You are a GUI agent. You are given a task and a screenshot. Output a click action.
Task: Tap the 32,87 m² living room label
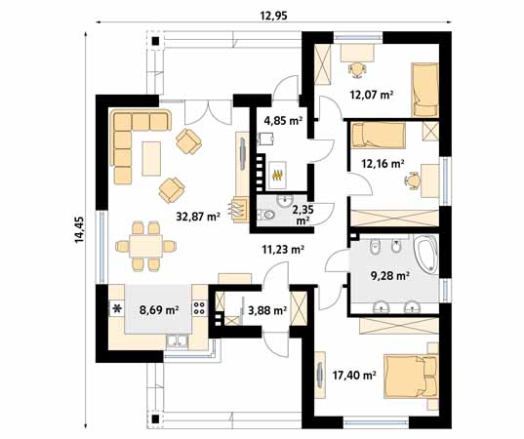tap(197, 217)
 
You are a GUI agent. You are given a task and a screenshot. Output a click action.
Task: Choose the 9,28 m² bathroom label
tap(389, 276)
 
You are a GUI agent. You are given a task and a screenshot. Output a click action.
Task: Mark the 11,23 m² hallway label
tap(282, 249)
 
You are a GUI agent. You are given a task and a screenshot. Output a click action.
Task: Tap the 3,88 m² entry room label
tap(265, 311)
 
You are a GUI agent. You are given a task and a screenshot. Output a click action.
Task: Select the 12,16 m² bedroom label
tap(383, 164)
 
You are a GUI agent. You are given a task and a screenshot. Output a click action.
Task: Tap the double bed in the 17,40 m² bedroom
tap(411, 376)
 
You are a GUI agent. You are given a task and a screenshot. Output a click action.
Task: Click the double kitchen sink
tap(179, 340)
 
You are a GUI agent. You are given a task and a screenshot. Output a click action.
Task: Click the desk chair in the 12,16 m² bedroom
tap(415, 179)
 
